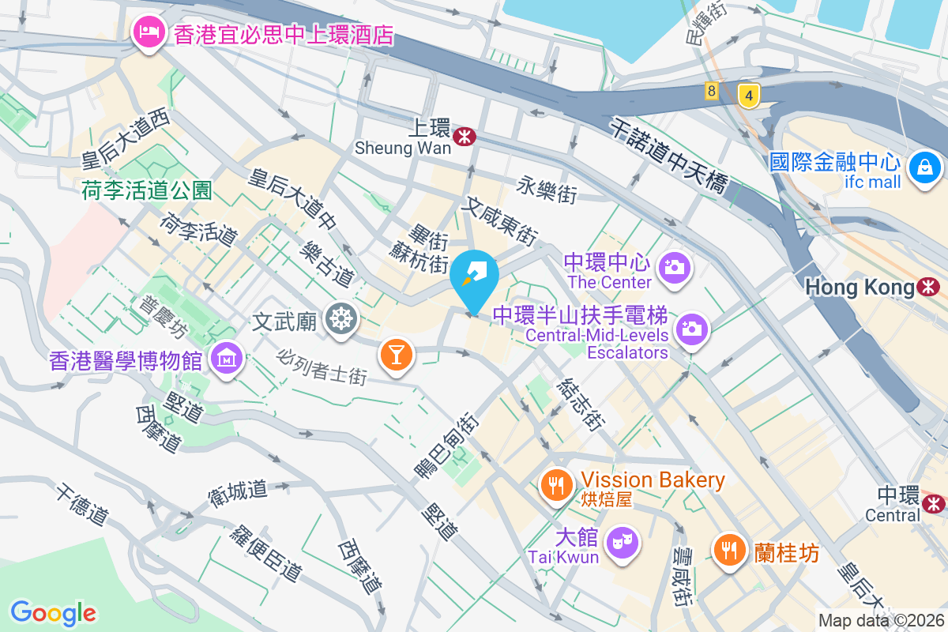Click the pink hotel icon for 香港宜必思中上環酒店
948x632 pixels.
147,33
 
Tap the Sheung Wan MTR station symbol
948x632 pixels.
464,136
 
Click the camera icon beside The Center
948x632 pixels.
675,267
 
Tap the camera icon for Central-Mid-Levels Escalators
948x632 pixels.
691,327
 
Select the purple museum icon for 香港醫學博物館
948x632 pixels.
226,360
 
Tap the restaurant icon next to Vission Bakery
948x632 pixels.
558,484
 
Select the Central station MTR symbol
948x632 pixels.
934,502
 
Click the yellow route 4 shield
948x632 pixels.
748,96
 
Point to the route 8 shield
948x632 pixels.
712,91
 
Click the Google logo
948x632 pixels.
53,612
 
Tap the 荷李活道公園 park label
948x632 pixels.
147,190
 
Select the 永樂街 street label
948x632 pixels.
547,190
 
